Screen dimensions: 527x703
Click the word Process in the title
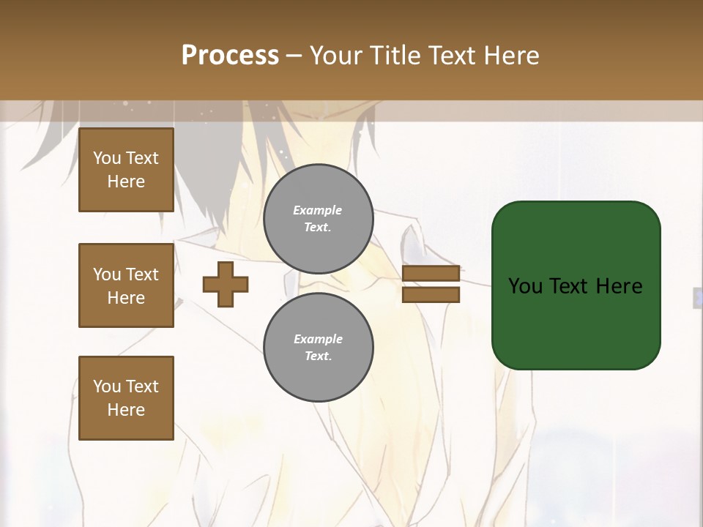coord(230,56)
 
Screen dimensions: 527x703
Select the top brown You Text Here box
coord(126,170)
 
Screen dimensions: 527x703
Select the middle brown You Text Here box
coord(126,285)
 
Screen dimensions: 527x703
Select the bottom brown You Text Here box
coord(126,398)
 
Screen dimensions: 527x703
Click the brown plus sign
coord(226,284)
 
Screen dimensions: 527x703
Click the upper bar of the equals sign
coord(431,274)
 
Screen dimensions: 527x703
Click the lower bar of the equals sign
coord(431,295)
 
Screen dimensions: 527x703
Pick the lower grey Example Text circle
coord(319,348)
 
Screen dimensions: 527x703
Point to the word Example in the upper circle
coord(318,210)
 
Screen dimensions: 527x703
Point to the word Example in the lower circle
coord(318,339)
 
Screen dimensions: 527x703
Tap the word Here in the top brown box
coord(126,182)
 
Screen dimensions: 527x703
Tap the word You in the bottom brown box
coord(107,386)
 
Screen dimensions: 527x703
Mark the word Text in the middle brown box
coord(142,274)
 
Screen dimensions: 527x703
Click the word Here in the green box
coord(620,286)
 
